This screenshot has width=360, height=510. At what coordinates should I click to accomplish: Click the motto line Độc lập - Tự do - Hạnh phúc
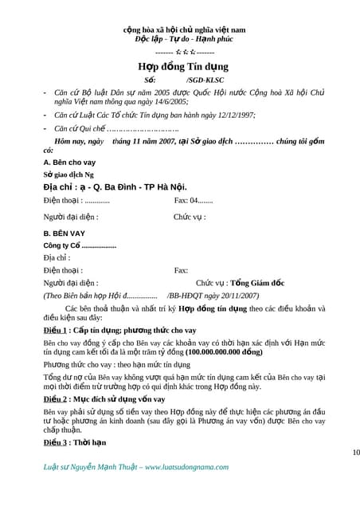(179, 38)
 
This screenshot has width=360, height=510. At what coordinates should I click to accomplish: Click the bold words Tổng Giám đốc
(258, 283)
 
